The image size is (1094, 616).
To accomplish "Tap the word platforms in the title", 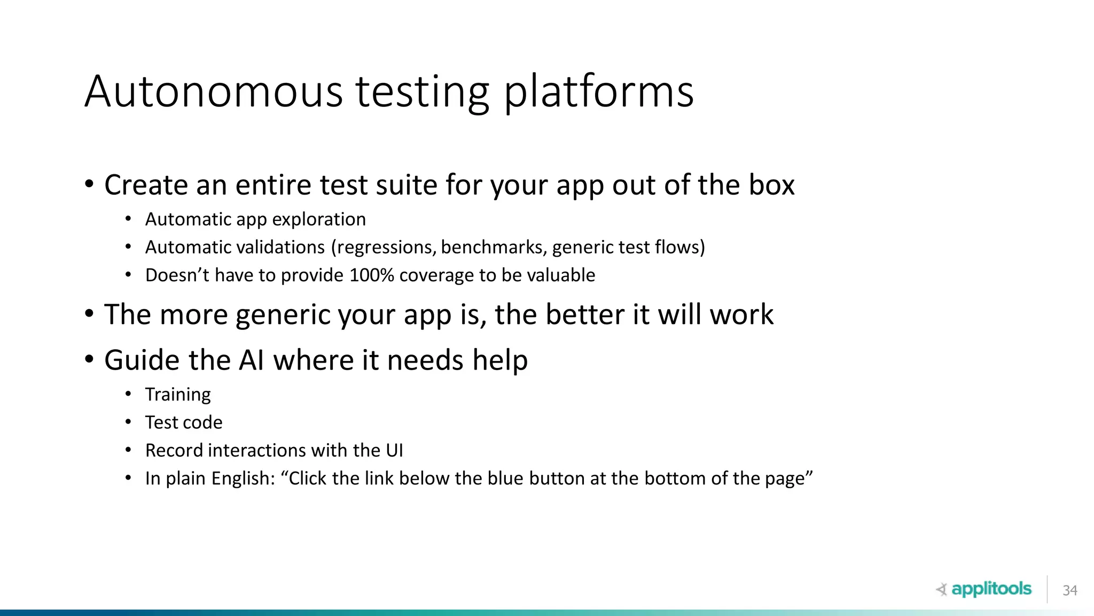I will pos(598,92).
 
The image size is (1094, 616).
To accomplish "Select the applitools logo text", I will pos(991,589).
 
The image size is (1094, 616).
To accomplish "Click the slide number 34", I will pos(1069,590).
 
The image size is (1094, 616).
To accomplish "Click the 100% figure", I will pos(371,275).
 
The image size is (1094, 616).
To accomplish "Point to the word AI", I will pos(251,360).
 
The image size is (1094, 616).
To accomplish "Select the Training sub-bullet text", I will pos(178,395).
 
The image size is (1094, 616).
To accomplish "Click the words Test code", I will pos(184,422).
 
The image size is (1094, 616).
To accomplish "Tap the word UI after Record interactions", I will pos(394,450).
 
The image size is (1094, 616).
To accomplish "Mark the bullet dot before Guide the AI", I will pos(89,359).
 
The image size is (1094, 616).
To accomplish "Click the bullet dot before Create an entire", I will pos(89,184).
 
